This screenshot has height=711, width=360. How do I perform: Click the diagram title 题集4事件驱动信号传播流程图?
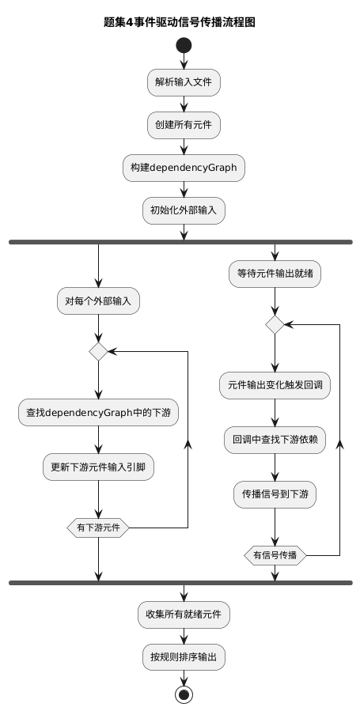pyautogui.click(x=180, y=22)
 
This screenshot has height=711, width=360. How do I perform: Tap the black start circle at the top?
pyautogui.click(x=184, y=45)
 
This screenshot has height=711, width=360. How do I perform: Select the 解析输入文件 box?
pyautogui.click(x=184, y=81)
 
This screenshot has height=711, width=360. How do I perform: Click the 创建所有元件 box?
pyautogui.click(x=184, y=124)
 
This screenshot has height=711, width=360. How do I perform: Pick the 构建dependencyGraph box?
pyautogui.click(x=184, y=168)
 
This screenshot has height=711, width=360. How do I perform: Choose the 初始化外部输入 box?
pyautogui.click(x=184, y=210)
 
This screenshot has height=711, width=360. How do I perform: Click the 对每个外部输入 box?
pyautogui.click(x=98, y=301)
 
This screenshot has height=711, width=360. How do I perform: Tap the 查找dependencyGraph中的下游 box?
pyautogui.click(x=98, y=412)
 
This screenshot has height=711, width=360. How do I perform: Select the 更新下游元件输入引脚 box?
pyautogui.click(x=98, y=467)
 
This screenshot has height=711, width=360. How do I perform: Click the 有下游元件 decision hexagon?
pyautogui.click(x=98, y=528)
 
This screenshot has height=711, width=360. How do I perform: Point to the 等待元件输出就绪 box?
pyautogui.click(x=275, y=274)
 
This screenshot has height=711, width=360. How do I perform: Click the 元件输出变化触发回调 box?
pyautogui.click(x=275, y=385)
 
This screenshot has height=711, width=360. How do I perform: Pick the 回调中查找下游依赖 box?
pyautogui.click(x=275, y=440)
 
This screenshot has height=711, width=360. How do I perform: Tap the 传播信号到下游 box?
pyautogui.click(x=275, y=495)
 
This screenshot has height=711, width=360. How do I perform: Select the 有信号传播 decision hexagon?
pyautogui.click(x=275, y=555)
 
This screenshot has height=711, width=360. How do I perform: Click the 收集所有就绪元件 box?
pyautogui.click(x=184, y=614)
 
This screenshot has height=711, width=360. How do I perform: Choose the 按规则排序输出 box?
pyautogui.click(x=184, y=656)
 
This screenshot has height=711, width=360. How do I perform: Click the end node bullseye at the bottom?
pyautogui.click(x=184, y=694)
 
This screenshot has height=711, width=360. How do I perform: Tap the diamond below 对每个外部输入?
pyautogui.click(x=98, y=351)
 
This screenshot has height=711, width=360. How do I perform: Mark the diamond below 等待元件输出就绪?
pyautogui.click(x=275, y=324)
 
